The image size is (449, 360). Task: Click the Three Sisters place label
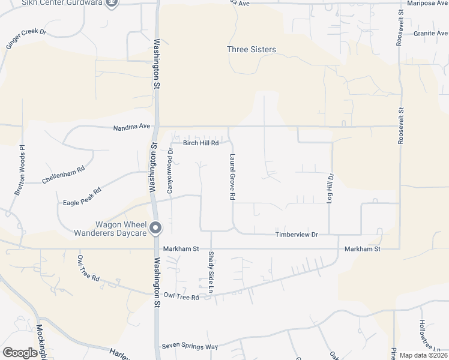point(252,49)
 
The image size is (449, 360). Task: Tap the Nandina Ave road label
point(131,127)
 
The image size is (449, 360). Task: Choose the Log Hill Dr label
point(330,187)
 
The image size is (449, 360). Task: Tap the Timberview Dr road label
point(296,235)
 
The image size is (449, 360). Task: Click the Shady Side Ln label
point(211,272)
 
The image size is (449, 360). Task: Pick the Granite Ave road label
point(430,34)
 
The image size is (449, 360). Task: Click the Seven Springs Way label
point(190,347)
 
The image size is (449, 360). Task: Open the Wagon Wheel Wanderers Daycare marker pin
point(155,227)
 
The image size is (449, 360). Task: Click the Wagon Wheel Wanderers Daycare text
point(110,228)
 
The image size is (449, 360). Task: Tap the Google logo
point(20,353)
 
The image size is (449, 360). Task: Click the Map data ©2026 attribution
point(423,355)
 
